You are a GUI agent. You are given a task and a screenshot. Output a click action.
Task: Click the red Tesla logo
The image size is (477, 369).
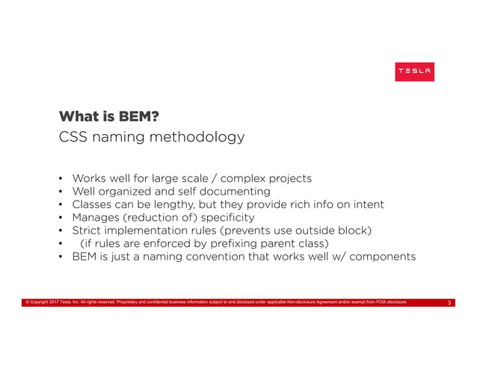tap(414, 71)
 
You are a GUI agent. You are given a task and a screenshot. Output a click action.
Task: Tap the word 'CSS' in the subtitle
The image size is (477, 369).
tap(75, 138)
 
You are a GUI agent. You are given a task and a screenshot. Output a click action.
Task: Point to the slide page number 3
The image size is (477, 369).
tap(449, 303)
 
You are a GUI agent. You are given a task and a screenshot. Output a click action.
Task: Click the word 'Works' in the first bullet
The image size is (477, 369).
tap(89, 178)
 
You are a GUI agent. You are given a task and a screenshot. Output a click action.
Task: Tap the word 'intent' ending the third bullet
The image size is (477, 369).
tap(366, 204)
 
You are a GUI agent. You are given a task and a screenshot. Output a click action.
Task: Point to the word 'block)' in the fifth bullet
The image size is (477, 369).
tap(354, 231)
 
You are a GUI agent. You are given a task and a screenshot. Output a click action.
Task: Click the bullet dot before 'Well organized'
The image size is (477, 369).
tap(60, 192)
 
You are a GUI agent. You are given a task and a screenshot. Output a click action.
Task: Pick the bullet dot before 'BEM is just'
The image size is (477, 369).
tap(60, 257)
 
